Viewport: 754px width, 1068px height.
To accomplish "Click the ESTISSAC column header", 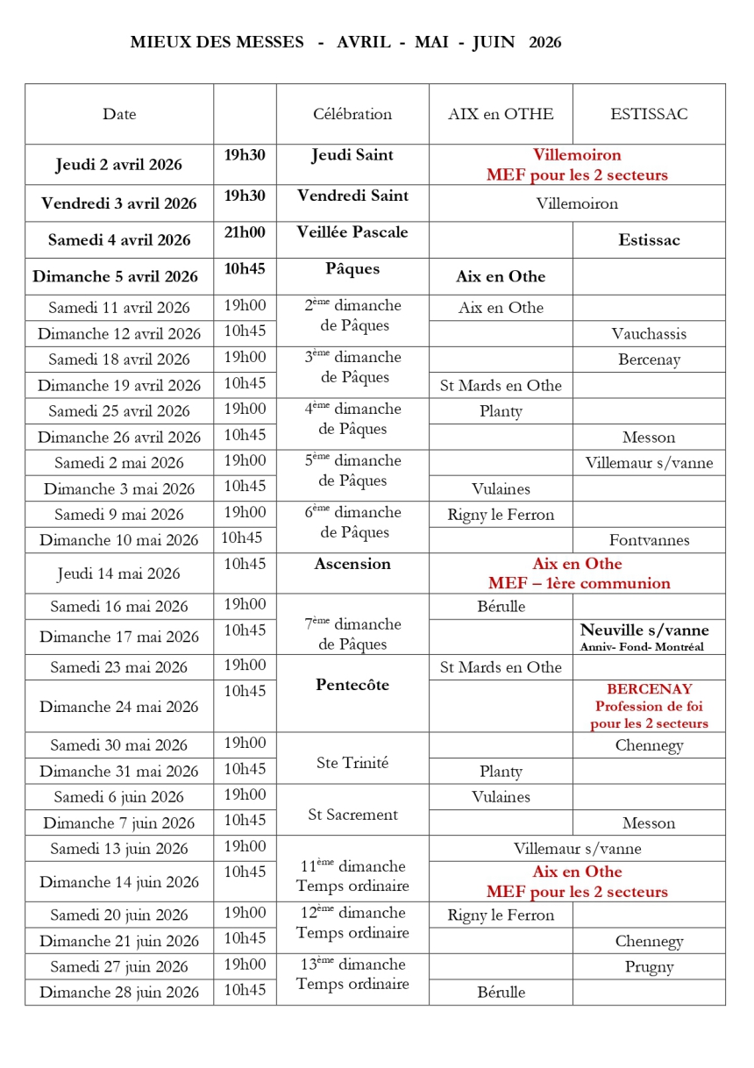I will pyautogui.click(x=649, y=114).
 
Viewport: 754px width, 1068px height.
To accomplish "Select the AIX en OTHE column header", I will pyautogui.click(x=501, y=114).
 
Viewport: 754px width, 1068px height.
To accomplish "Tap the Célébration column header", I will pyautogui.click(x=352, y=114).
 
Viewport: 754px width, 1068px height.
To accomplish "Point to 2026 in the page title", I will pyautogui.click(x=545, y=42).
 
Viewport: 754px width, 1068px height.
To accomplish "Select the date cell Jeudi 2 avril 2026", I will pyautogui.click(x=119, y=164).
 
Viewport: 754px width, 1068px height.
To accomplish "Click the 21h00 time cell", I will pyautogui.click(x=245, y=231).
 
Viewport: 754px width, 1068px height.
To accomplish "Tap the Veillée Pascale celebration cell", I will pyautogui.click(x=352, y=231).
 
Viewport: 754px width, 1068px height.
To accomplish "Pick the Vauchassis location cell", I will pyautogui.click(x=649, y=333).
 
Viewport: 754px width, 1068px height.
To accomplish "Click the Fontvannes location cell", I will pyautogui.click(x=649, y=540).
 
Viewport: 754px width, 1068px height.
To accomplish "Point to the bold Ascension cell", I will pyautogui.click(x=352, y=564).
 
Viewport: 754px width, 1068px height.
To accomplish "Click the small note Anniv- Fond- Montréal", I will pyautogui.click(x=642, y=647).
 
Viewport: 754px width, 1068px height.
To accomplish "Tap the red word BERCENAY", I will pyautogui.click(x=649, y=689).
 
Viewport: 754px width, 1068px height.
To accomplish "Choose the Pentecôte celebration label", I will pyautogui.click(x=352, y=685).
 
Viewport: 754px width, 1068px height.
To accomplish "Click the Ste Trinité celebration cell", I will pyautogui.click(x=352, y=763).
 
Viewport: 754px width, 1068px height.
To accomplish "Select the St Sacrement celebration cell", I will pyautogui.click(x=352, y=815).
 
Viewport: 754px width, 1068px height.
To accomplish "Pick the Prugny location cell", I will pyautogui.click(x=649, y=967).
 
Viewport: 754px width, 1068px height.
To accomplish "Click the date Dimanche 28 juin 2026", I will pyautogui.click(x=119, y=993).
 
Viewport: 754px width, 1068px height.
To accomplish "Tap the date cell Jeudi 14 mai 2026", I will pyautogui.click(x=119, y=573).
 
